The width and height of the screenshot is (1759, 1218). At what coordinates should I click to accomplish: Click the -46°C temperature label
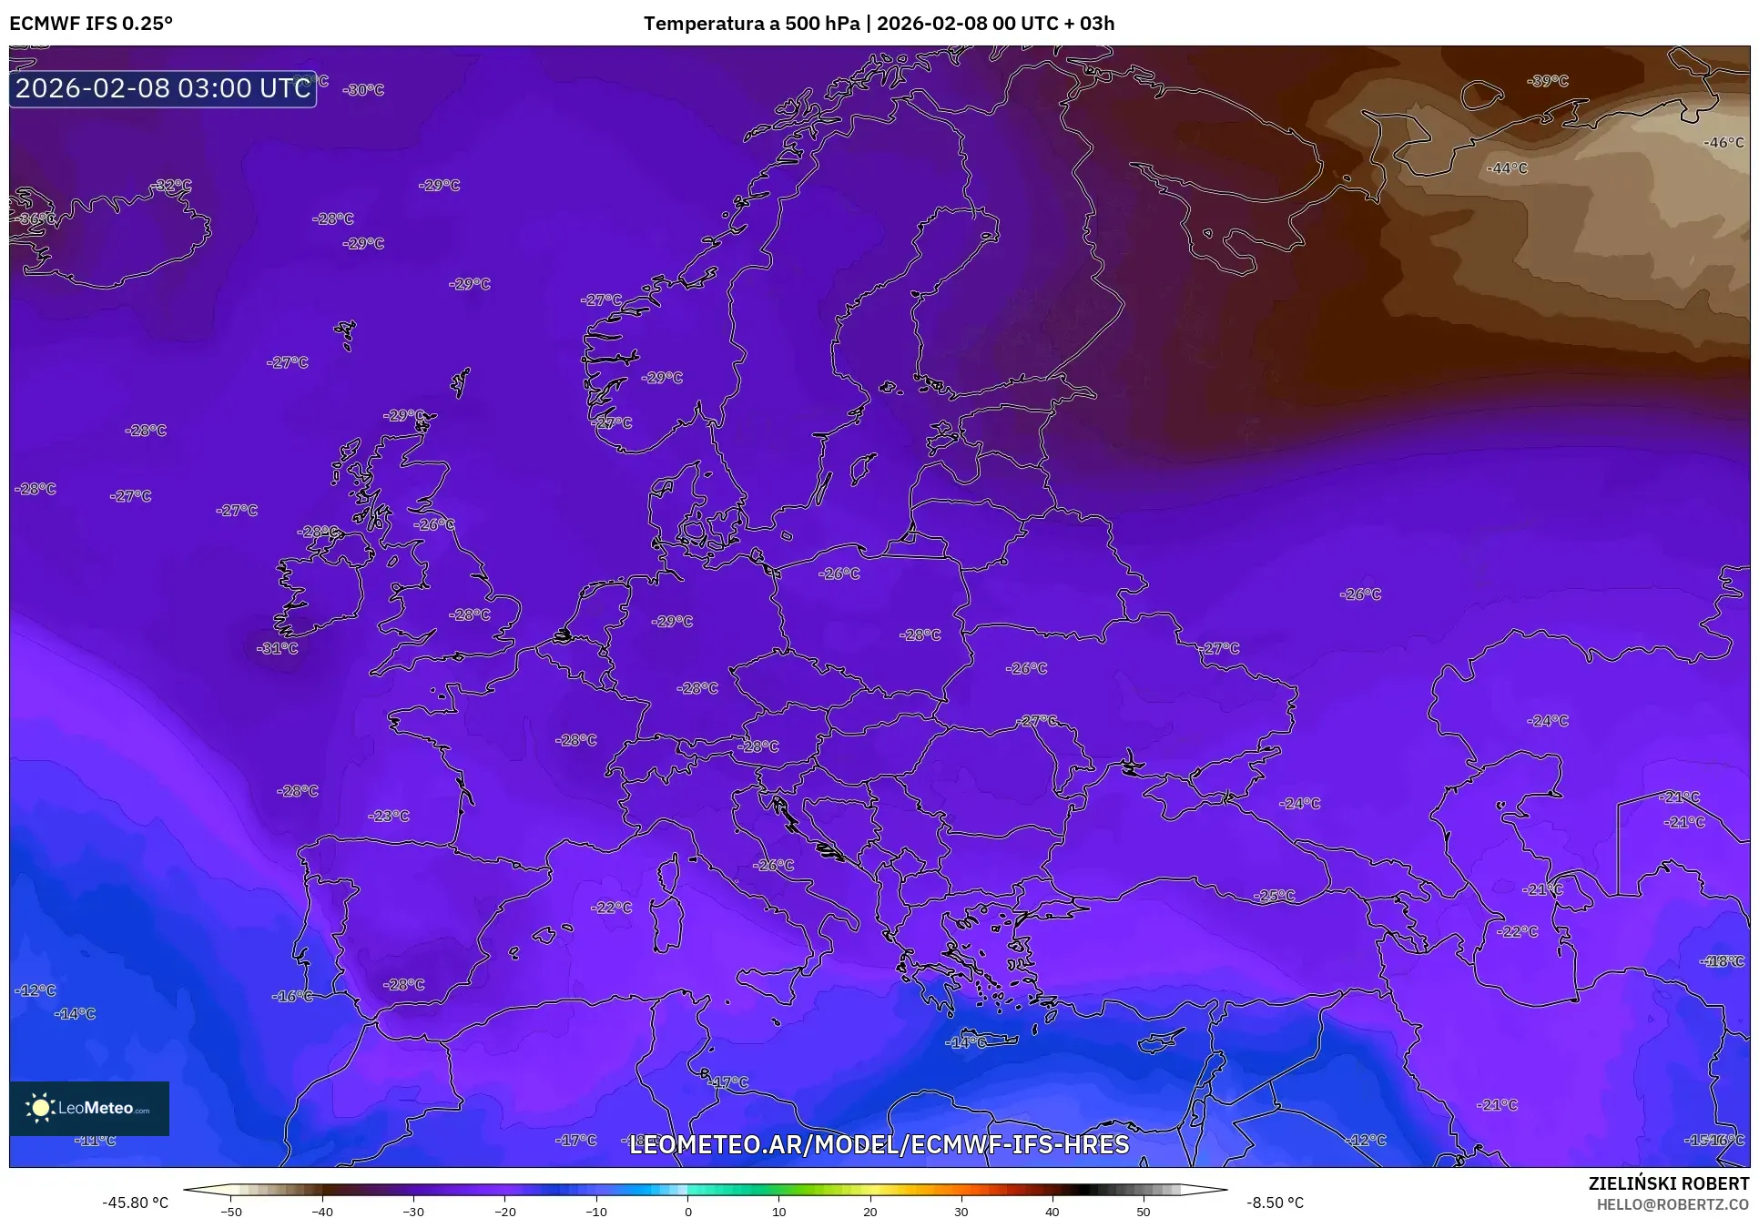(x=1723, y=143)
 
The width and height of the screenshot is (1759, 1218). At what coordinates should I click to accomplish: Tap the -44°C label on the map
(x=1507, y=168)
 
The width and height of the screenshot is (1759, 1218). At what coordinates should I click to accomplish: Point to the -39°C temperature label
(x=1548, y=81)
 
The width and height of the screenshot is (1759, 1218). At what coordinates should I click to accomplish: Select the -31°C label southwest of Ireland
(x=278, y=648)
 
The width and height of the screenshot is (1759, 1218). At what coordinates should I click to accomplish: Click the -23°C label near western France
(x=389, y=816)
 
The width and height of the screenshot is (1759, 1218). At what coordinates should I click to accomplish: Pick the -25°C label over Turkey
(x=1275, y=896)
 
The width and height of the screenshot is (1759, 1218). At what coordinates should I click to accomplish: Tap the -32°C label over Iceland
(x=171, y=185)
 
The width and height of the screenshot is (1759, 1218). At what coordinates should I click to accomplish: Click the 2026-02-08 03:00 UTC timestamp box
(x=163, y=88)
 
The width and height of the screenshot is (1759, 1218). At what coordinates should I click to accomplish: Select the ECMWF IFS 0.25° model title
(x=91, y=23)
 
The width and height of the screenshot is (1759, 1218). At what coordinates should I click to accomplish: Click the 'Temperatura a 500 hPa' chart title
(x=751, y=23)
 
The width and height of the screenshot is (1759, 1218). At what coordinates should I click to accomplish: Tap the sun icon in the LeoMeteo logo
(x=40, y=1108)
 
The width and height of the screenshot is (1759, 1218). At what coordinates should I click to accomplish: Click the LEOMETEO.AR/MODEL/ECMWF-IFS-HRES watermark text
(x=879, y=1144)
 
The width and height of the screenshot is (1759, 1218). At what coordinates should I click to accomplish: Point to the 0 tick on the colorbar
(x=687, y=1211)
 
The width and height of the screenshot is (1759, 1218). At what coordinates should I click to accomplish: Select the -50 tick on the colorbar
(x=231, y=1211)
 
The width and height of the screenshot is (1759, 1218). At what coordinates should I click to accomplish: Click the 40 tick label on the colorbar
(x=1052, y=1211)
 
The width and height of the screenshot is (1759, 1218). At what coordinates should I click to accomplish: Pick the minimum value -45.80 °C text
(x=135, y=1203)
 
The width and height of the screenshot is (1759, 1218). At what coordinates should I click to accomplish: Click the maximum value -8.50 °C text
(x=1275, y=1203)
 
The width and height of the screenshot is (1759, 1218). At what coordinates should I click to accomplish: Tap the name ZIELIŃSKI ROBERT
(x=1669, y=1183)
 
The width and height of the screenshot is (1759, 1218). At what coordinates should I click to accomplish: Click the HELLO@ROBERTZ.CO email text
(x=1673, y=1204)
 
